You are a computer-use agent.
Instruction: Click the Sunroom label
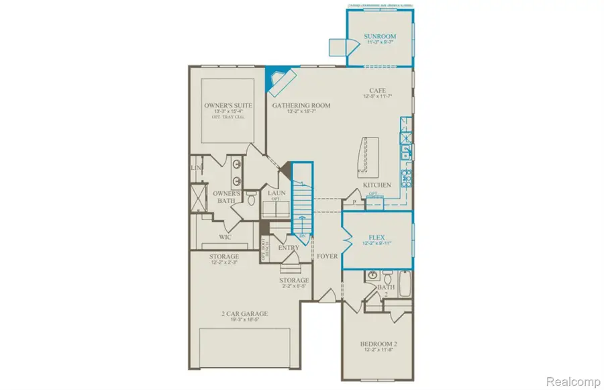379,36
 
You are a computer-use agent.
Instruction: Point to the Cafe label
376,91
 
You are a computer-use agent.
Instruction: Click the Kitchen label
376,185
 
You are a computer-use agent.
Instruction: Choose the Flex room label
376,237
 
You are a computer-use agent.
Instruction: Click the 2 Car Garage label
245,313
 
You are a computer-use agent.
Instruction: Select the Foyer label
328,256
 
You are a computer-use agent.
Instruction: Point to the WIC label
225,237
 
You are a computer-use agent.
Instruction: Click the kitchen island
368,155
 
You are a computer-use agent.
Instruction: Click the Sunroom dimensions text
379,42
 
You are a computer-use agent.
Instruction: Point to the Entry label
289,248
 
